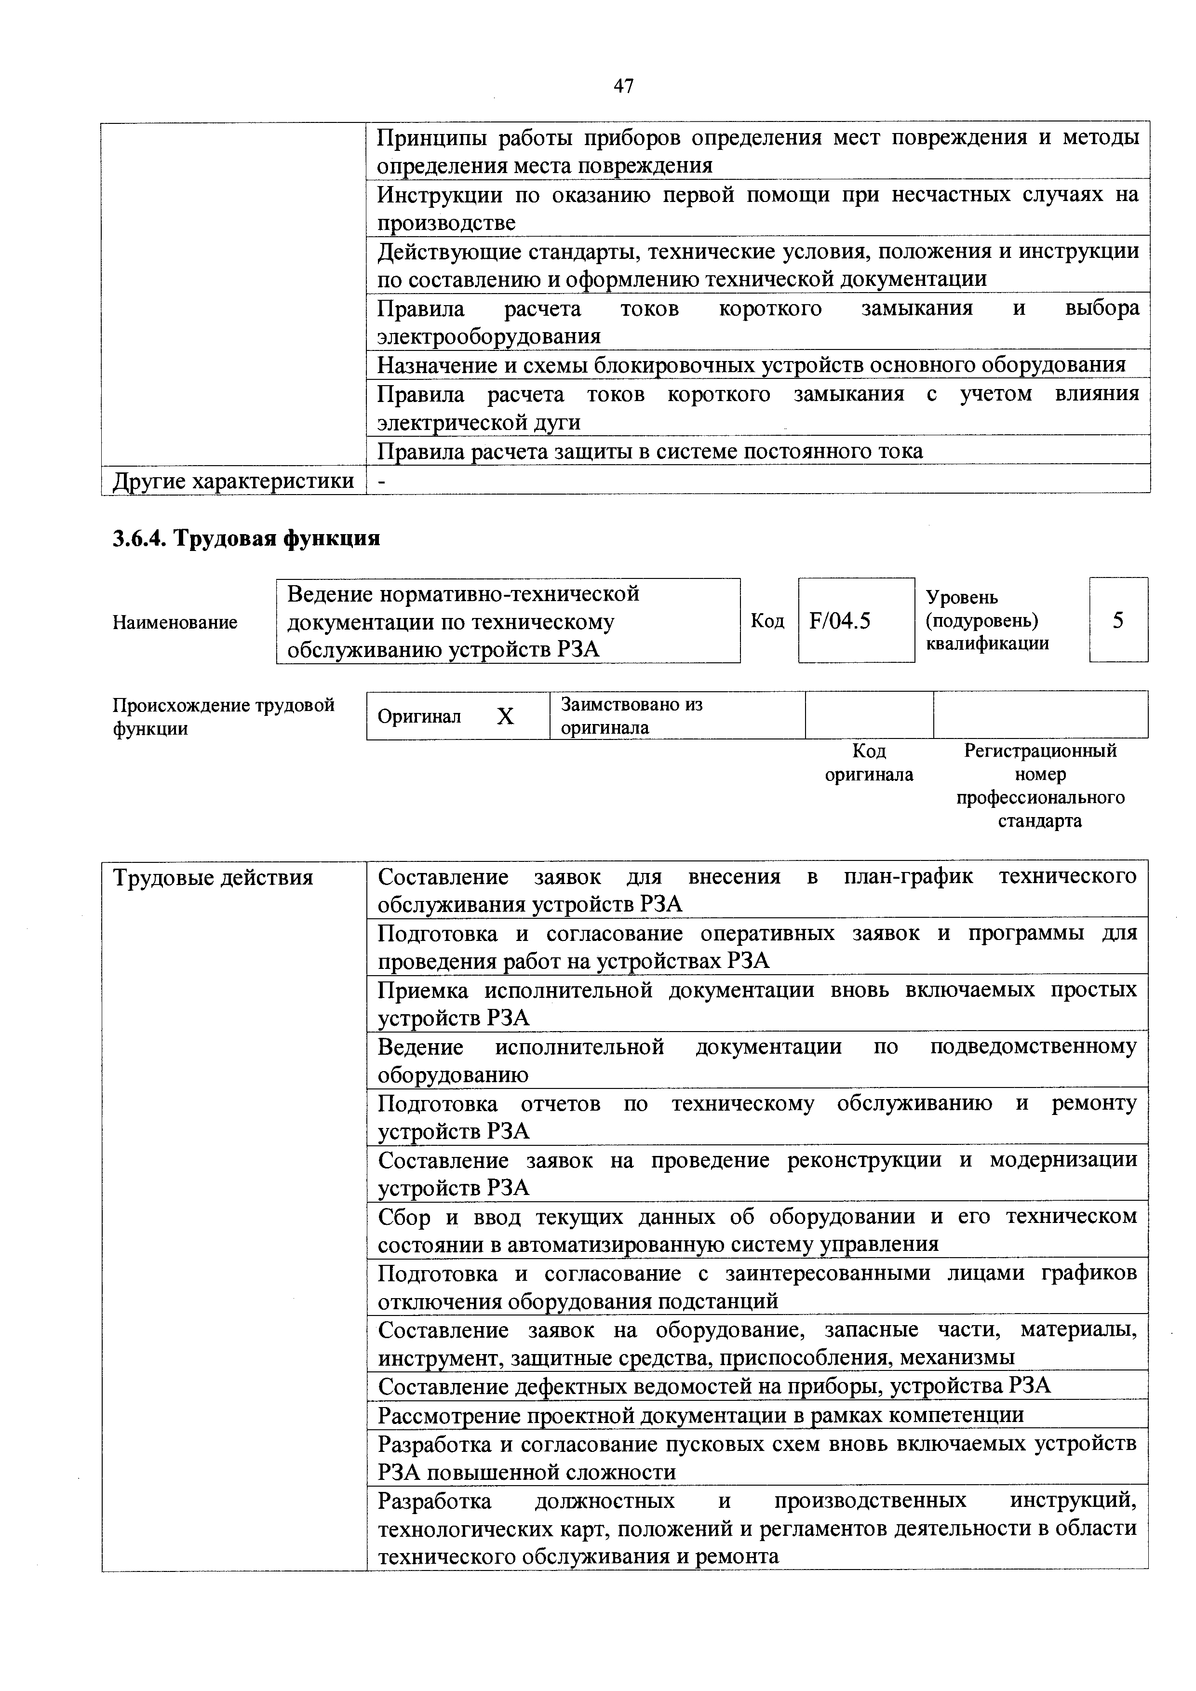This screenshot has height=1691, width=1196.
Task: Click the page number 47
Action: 623,86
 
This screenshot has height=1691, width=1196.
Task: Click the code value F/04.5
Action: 840,621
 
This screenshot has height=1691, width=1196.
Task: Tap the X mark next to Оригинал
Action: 505,716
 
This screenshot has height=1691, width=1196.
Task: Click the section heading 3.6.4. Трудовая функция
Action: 246,538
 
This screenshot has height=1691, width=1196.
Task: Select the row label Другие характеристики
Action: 233,481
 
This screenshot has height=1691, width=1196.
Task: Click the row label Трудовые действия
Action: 213,877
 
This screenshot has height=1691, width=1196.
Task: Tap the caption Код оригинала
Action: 869,762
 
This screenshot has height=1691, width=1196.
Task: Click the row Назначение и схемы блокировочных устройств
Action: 751,364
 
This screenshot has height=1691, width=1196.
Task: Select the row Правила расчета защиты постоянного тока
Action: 649,451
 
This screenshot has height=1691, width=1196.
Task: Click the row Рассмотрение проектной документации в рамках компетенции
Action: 700,1415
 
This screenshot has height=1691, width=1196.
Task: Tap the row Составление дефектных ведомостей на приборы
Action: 713,1386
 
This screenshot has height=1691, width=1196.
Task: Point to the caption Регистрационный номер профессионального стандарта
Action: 1040,785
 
